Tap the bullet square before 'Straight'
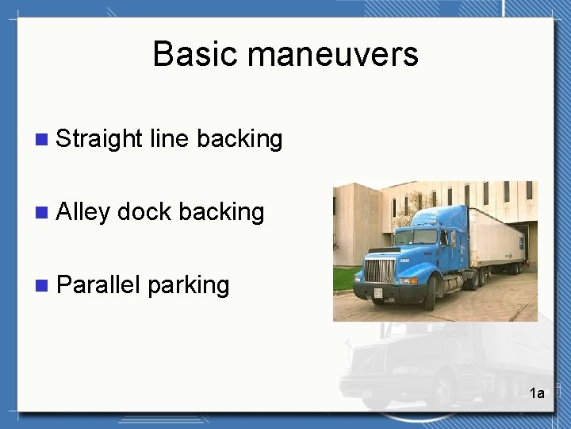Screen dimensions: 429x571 click(x=42, y=140)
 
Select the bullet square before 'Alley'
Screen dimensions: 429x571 click(x=42, y=213)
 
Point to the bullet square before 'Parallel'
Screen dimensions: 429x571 click(x=42, y=285)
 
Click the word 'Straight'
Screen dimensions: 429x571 click(x=99, y=139)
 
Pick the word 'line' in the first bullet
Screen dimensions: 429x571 click(x=168, y=139)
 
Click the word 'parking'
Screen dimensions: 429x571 click(x=189, y=285)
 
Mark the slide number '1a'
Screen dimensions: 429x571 click(x=537, y=393)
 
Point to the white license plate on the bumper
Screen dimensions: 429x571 click(x=377, y=294)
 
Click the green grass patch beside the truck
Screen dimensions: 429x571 click(x=344, y=279)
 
